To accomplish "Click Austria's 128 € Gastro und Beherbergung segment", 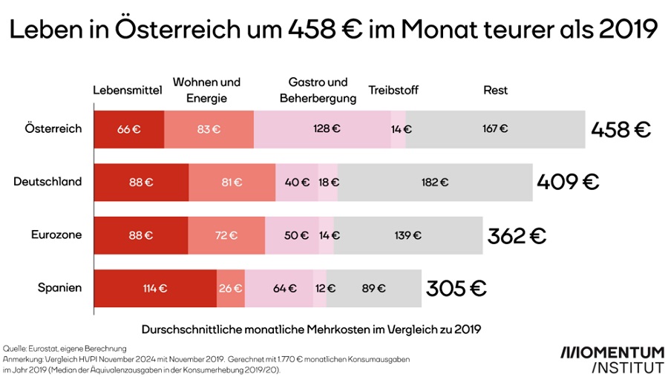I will [322, 128].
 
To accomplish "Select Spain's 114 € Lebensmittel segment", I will [155, 289].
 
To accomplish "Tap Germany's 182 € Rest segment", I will [435, 182].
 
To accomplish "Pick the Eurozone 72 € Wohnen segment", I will [226, 235].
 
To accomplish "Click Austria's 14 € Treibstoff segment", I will [399, 128].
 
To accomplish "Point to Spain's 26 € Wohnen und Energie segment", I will [230, 289].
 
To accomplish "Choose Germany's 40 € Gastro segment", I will [296, 182].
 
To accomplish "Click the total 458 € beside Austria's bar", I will [620, 129].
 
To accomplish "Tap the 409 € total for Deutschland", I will [569, 182].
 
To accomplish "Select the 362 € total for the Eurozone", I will [517, 236].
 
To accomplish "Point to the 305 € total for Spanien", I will [456, 289].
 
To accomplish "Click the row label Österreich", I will [53, 128].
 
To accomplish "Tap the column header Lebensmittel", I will [127, 91].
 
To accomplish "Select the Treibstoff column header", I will [393, 91].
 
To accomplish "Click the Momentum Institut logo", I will [612, 358].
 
